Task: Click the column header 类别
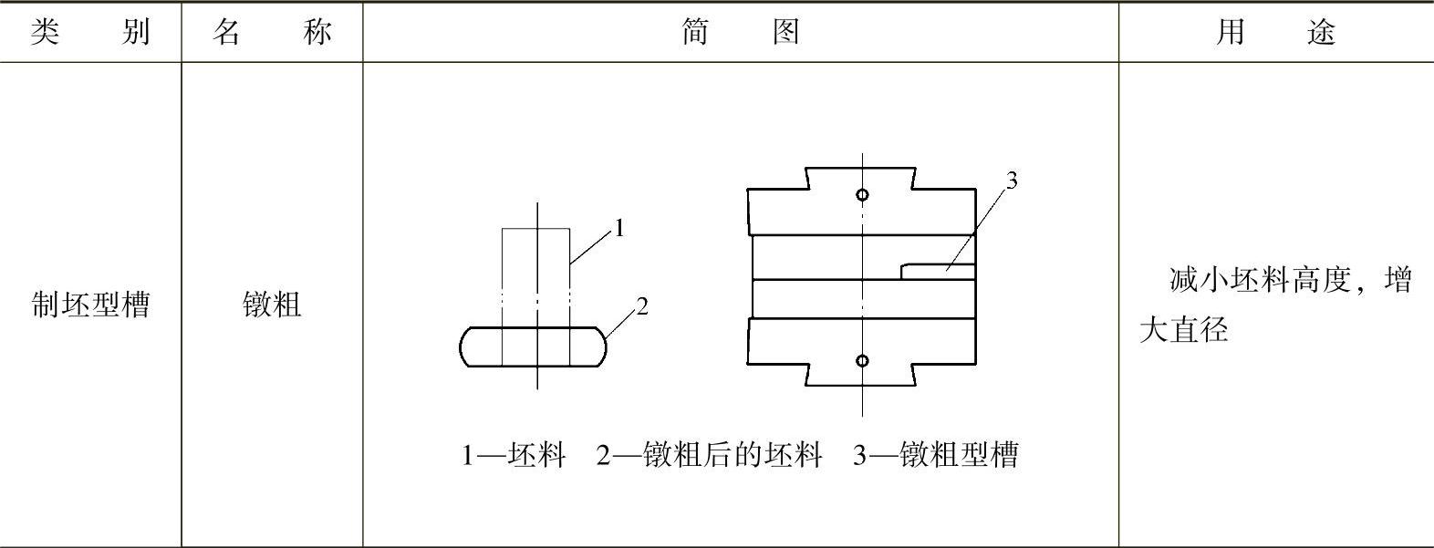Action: (89, 33)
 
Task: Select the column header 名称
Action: (272, 33)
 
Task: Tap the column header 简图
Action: (740, 33)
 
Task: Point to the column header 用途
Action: (1275, 33)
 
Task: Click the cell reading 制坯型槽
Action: (89, 305)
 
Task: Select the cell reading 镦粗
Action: (272, 305)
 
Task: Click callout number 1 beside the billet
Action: (619, 228)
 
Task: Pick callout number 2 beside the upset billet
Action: (642, 306)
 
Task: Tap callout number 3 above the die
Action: (1011, 181)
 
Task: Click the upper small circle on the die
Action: (862, 194)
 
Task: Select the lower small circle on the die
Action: (862, 361)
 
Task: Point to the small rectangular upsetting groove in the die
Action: (938, 271)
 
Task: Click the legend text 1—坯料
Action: (514, 454)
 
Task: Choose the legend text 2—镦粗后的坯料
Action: (709, 454)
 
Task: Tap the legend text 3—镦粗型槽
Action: (935, 454)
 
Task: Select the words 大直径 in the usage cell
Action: (1183, 329)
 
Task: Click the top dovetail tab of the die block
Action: (860, 178)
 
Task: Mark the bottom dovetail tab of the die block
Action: (860, 376)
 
